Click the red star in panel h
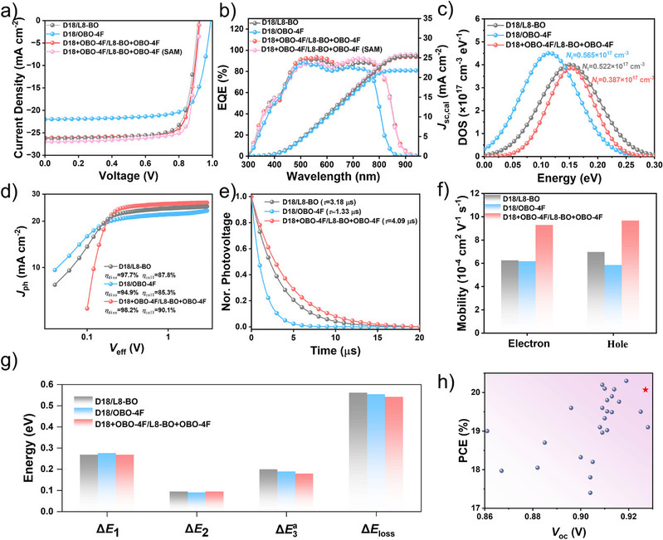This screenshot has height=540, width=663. tap(645, 390)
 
